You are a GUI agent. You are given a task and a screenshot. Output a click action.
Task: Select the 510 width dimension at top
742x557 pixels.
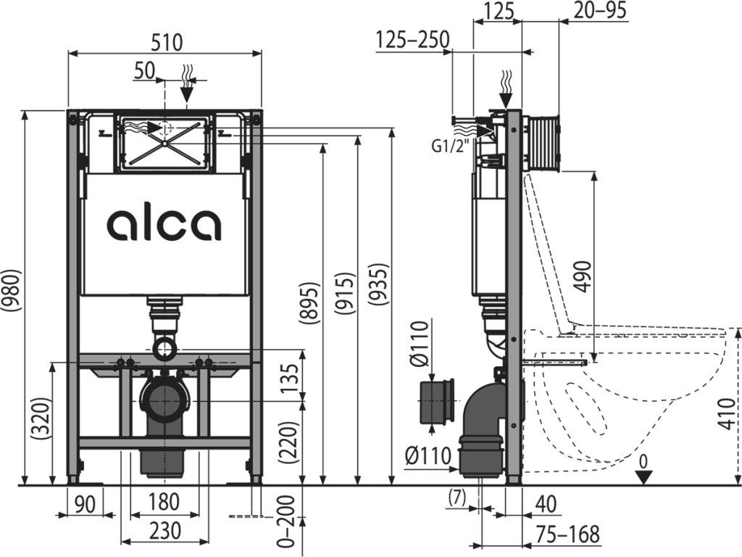coord(167,42)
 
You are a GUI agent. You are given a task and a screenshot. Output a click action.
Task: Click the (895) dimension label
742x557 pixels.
coord(309,304)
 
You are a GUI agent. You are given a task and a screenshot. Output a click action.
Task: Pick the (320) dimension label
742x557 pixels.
coord(40,419)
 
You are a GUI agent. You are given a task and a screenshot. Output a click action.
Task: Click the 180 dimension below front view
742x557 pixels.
coord(164,502)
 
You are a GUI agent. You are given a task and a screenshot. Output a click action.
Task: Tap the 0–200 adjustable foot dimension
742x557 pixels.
coord(287,525)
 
